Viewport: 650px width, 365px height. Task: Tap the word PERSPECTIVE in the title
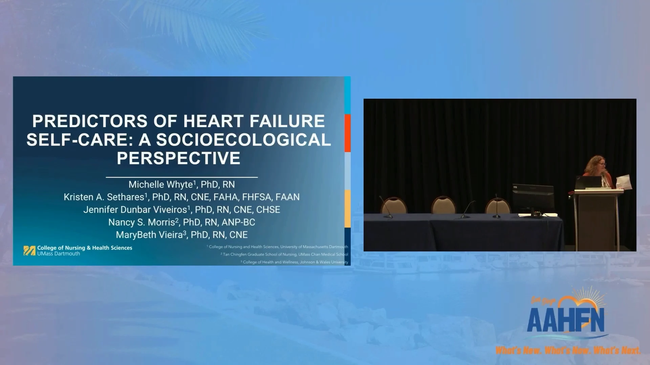click(x=178, y=158)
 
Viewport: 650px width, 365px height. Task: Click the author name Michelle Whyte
click(x=160, y=185)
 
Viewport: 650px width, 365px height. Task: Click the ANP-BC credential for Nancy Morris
click(x=238, y=222)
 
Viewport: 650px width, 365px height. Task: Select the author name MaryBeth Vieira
click(x=149, y=235)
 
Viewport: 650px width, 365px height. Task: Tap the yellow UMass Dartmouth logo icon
click(x=29, y=250)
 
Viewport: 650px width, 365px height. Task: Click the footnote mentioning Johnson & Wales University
click(x=294, y=262)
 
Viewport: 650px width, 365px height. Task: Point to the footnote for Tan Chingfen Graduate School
click(x=284, y=254)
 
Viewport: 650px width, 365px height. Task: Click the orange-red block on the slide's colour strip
click(x=347, y=133)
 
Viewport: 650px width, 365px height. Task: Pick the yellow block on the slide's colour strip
click(x=347, y=209)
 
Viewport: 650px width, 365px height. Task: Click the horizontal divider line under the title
click(x=182, y=177)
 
